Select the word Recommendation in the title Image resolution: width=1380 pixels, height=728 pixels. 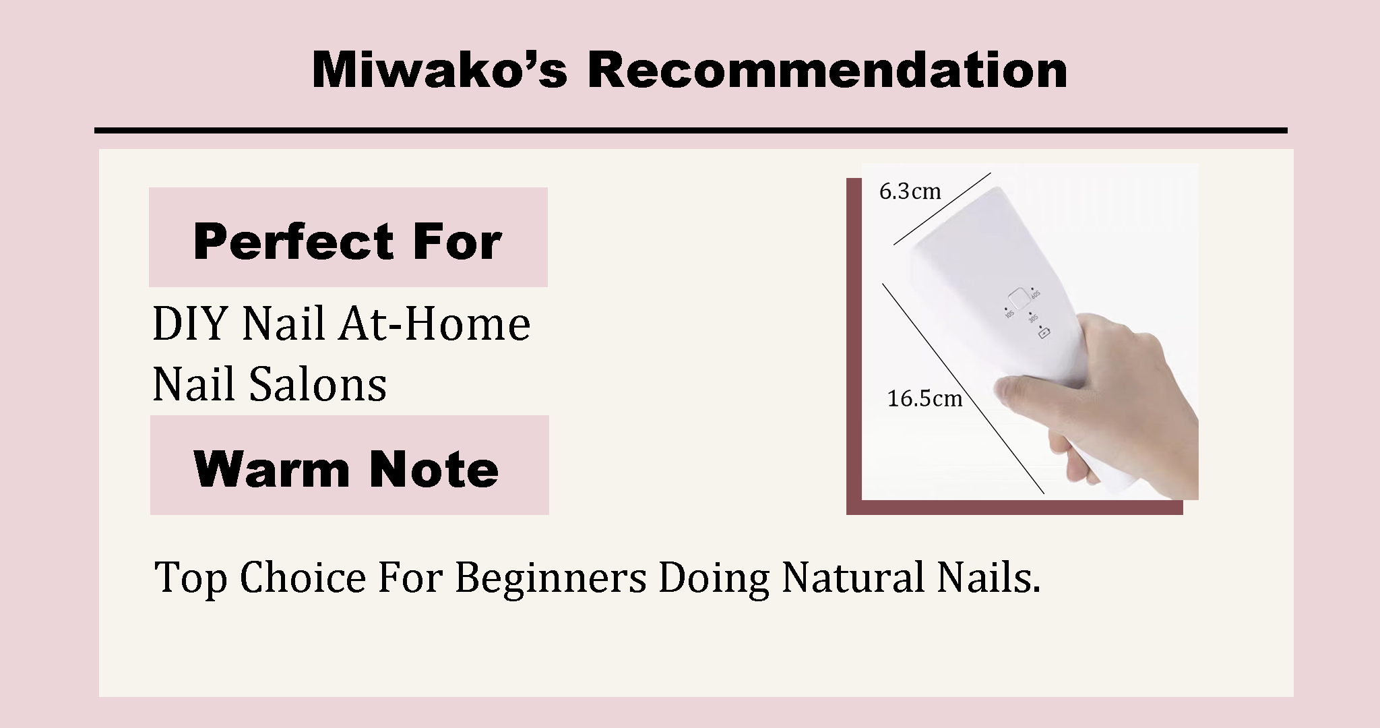coord(828,69)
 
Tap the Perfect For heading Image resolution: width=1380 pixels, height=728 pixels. coord(348,241)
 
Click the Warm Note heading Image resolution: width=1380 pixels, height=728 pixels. coord(346,468)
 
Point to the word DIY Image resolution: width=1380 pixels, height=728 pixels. coord(192,324)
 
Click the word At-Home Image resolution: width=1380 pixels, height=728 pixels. coord(435,324)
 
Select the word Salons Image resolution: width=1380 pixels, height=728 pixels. coord(318,384)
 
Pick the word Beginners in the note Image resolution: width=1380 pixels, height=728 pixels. coord(551,578)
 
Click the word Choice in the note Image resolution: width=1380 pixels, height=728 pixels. coord(303,578)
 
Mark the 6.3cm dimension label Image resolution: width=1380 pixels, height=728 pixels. coord(910,191)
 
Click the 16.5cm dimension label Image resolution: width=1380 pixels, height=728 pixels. coord(924,398)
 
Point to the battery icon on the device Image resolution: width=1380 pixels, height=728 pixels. coord(1044,333)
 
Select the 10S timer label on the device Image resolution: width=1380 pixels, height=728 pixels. coord(1009,313)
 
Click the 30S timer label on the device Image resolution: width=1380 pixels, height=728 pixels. coord(1032,317)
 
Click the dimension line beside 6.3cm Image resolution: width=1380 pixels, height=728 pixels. coord(942,209)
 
